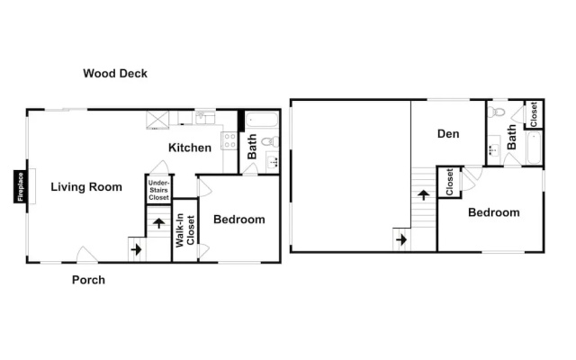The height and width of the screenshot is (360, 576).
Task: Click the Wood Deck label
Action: click(115, 74)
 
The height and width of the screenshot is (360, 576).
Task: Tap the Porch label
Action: click(88, 280)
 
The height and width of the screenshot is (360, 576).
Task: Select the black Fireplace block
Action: click(20, 186)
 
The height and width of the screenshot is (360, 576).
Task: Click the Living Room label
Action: click(86, 187)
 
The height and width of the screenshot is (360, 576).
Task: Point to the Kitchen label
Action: click(190, 148)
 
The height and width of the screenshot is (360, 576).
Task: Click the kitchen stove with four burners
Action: click(229, 140)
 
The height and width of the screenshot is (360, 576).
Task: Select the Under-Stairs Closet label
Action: click(158, 190)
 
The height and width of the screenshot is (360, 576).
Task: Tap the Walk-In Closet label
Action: click(184, 230)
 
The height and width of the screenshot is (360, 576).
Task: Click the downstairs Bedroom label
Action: click(239, 220)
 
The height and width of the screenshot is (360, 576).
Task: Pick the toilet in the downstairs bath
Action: click(270, 141)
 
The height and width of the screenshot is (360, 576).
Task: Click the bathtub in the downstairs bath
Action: click(262, 120)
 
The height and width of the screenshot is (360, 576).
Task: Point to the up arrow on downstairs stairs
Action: click(158, 222)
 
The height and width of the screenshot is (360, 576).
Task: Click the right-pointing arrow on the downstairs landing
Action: click(136, 249)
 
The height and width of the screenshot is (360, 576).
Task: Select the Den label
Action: click(448, 134)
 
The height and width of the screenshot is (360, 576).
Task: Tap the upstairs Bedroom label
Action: click(494, 212)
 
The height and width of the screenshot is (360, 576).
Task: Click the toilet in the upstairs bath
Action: click(496, 112)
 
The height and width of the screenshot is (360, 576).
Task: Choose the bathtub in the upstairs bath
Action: click(534, 148)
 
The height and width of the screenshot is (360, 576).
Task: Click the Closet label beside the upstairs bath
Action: click(534, 114)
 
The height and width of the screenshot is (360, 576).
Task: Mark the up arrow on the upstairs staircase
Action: click(424, 194)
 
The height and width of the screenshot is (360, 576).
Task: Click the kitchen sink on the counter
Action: click(205, 118)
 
